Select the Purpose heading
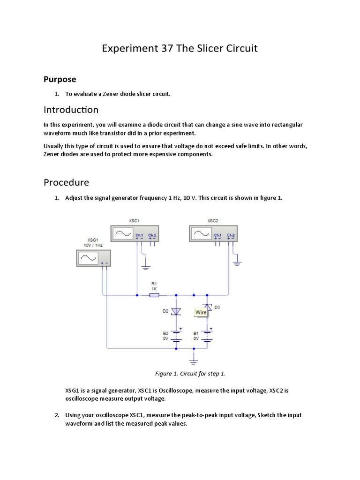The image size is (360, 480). click(60, 79)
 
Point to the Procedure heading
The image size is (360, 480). click(66, 182)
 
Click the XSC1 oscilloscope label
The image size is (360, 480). click(134, 220)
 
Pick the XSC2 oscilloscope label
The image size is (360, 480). click(213, 220)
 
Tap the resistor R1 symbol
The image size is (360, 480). click(154, 295)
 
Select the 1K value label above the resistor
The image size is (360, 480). click(154, 288)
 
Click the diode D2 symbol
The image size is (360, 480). click(176, 311)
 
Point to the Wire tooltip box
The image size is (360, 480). click(201, 312)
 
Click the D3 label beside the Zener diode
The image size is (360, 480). click(217, 307)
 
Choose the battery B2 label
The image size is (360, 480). click(165, 333)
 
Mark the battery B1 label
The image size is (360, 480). click(196, 333)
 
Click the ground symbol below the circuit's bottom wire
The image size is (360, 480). click(193, 360)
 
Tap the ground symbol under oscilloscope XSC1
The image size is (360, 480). click(146, 267)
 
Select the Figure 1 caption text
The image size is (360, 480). click(190, 374)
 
